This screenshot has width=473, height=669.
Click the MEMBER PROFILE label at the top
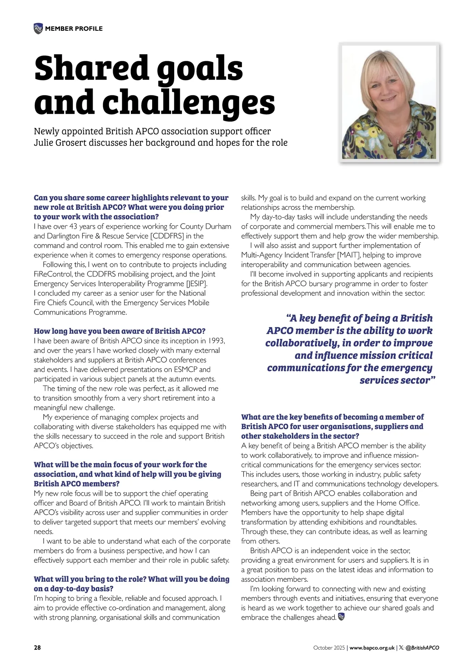click(74, 29)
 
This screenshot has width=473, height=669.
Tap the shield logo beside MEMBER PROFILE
click(38, 28)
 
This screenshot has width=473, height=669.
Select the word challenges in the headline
click(188, 102)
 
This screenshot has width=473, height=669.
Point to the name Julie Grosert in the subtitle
click(60, 143)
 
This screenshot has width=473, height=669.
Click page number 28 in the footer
click(37, 648)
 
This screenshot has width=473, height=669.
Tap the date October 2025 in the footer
click(329, 648)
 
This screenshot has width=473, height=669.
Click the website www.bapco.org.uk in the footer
click(372, 648)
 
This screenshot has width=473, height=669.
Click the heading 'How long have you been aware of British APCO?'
click(119, 331)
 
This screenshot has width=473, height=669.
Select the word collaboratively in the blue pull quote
click(302, 343)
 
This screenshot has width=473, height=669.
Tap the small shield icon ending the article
click(341, 617)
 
